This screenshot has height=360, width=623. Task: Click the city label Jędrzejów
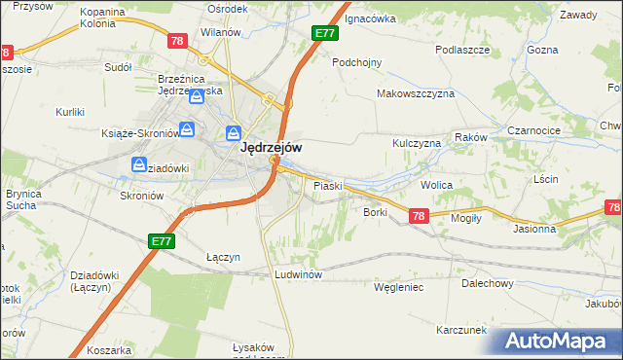(x=271, y=148)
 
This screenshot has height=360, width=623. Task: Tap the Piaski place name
(x=324, y=185)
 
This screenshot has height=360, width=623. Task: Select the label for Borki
(x=376, y=211)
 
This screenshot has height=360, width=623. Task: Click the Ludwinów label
(x=298, y=274)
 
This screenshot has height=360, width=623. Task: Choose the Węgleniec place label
(x=397, y=288)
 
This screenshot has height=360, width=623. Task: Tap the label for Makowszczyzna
(x=416, y=94)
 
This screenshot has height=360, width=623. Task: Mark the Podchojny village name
(x=356, y=61)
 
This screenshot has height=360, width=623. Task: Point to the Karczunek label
(x=461, y=330)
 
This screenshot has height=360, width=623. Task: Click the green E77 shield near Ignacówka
(x=325, y=33)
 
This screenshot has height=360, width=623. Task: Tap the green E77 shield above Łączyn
(x=162, y=239)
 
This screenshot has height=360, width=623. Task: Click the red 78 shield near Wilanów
(x=176, y=41)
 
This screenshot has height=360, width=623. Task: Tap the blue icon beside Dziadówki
(x=138, y=167)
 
